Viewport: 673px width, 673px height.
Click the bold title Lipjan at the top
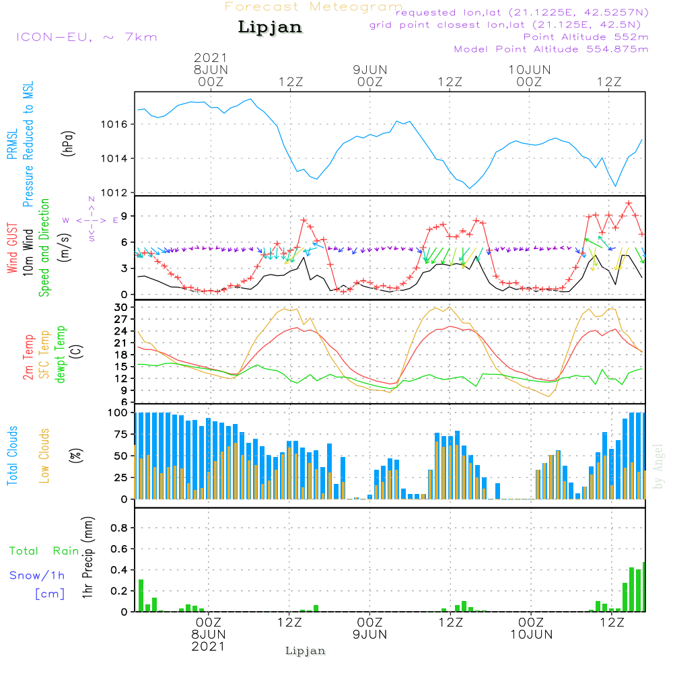pos(270,28)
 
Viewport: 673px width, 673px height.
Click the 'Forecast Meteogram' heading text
pos(314,7)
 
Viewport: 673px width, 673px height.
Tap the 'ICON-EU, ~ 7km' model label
pos(86,36)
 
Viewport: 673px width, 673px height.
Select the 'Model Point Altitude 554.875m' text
pos(551,49)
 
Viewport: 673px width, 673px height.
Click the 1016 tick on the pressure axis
pos(118,125)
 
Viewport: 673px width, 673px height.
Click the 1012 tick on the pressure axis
pos(118,193)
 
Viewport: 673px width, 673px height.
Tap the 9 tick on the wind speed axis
pos(124,216)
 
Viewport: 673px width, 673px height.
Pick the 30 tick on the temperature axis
pos(121,307)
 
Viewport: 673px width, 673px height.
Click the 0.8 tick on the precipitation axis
pos(119,528)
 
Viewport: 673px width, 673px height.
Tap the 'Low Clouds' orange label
pos(45,455)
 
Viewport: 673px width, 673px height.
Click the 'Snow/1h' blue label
pos(38,575)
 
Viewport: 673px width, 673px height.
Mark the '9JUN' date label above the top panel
pos(369,69)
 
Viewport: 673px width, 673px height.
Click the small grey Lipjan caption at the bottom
pos(305,651)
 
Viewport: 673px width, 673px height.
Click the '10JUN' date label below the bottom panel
pos(531,635)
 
